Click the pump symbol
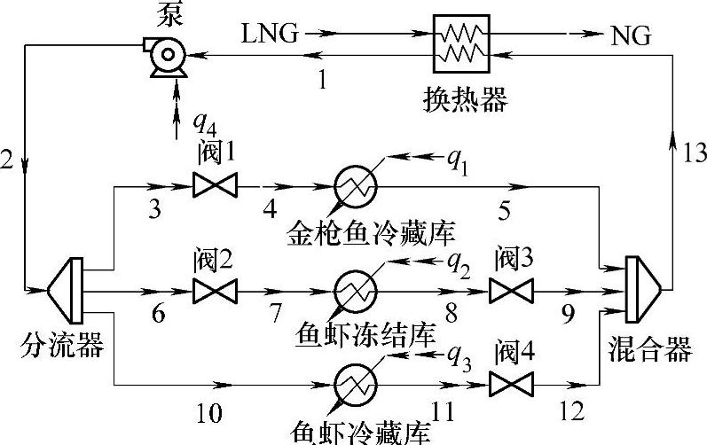click(166, 58)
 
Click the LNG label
click(267, 35)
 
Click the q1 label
click(459, 160)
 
